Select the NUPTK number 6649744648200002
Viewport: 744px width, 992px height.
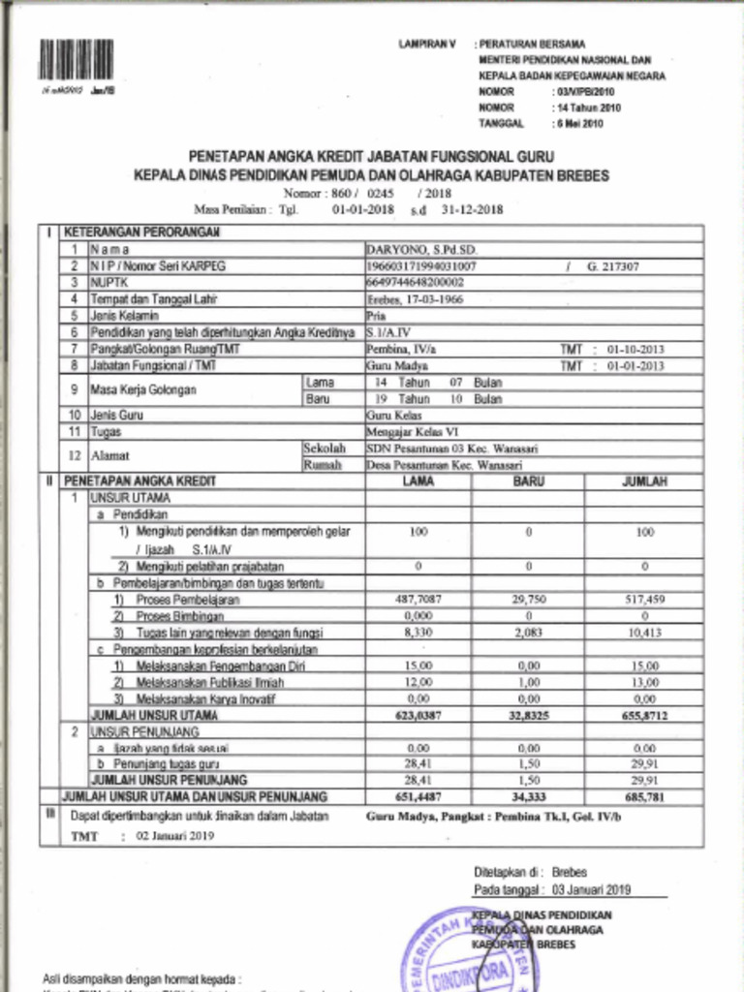pyautogui.click(x=415, y=282)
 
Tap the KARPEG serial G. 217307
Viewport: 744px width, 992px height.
pyautogui.click(x=612, y=265)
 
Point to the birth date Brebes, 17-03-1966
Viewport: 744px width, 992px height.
pyautogui.click(x=415, y=299)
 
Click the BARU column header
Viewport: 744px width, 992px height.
pyautogui.click(x=528, y=480)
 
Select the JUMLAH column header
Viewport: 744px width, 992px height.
pyautogui.click(x=643, y=480)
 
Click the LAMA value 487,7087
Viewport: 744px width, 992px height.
pyautogui.click(x=418, y=600)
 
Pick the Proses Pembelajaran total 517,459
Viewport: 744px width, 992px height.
pyautogui.click(x=643, y=600)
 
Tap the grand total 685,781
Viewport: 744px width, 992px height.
pyautogui.click(x=643, y=796)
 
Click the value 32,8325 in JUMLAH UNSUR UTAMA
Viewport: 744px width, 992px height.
pyautogui.click(x=528, y=715)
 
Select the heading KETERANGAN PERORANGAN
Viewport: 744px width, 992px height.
pyautogui.click(x=141, y=232)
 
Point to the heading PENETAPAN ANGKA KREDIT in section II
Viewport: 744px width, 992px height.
pyautogui.click(x=139, y=480)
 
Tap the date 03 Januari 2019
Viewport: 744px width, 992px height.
pyautogui.click(x=592, y=888)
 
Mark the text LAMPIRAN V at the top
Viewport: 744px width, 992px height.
pyautogui.click(x=426, y=45)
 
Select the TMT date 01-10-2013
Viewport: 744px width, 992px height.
pyautogui.click(x=635, y=349)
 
